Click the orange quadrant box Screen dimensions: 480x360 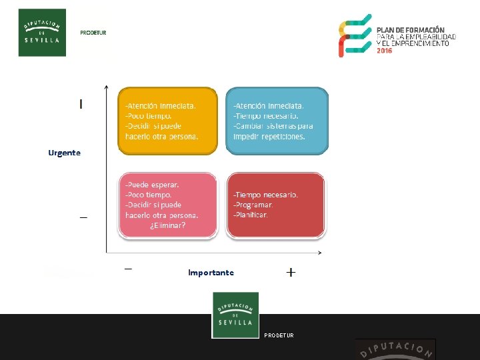pos(167,121)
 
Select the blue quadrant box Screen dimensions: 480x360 pos(277,121)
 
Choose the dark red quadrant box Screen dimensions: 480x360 pos(276,205)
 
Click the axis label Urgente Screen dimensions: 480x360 pos(64,153)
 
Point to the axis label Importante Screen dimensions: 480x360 pos(211,273)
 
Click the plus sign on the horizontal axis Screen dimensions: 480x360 pos(291,272)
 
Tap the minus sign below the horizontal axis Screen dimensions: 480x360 pos(128,269)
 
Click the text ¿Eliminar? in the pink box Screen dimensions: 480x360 pos(167,225)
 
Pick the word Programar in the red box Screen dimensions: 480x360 pos(253,205)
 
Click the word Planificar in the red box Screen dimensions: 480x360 pos(251,215)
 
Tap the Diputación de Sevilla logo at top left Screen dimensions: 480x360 pos(42,33)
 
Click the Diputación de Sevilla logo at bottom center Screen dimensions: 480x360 pos(235,315)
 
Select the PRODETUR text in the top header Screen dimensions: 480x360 pos(93,33)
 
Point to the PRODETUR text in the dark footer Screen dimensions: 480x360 pos(279,335)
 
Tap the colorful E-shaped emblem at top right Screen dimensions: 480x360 pos(355,35)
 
